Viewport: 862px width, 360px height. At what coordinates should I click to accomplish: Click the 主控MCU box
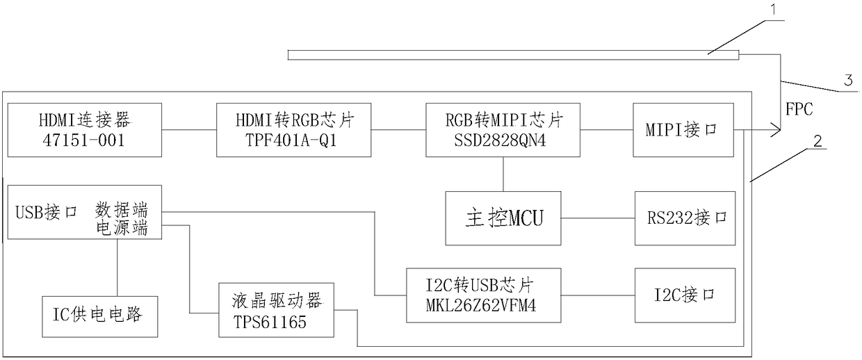[x=503, y=218]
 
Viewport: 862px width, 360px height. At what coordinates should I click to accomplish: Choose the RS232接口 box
[x=684, y=218]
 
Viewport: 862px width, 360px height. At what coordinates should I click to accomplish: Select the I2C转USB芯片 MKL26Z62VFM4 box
[x=484, y=295]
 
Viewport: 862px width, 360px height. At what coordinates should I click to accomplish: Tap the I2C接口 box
[x=684, y=295]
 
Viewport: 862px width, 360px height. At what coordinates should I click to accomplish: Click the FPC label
[x=799, y=108]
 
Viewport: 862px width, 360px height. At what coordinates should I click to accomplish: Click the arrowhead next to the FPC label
[x=775, y=129]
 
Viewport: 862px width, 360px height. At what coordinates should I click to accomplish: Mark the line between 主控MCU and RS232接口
[x=597, y=218]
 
